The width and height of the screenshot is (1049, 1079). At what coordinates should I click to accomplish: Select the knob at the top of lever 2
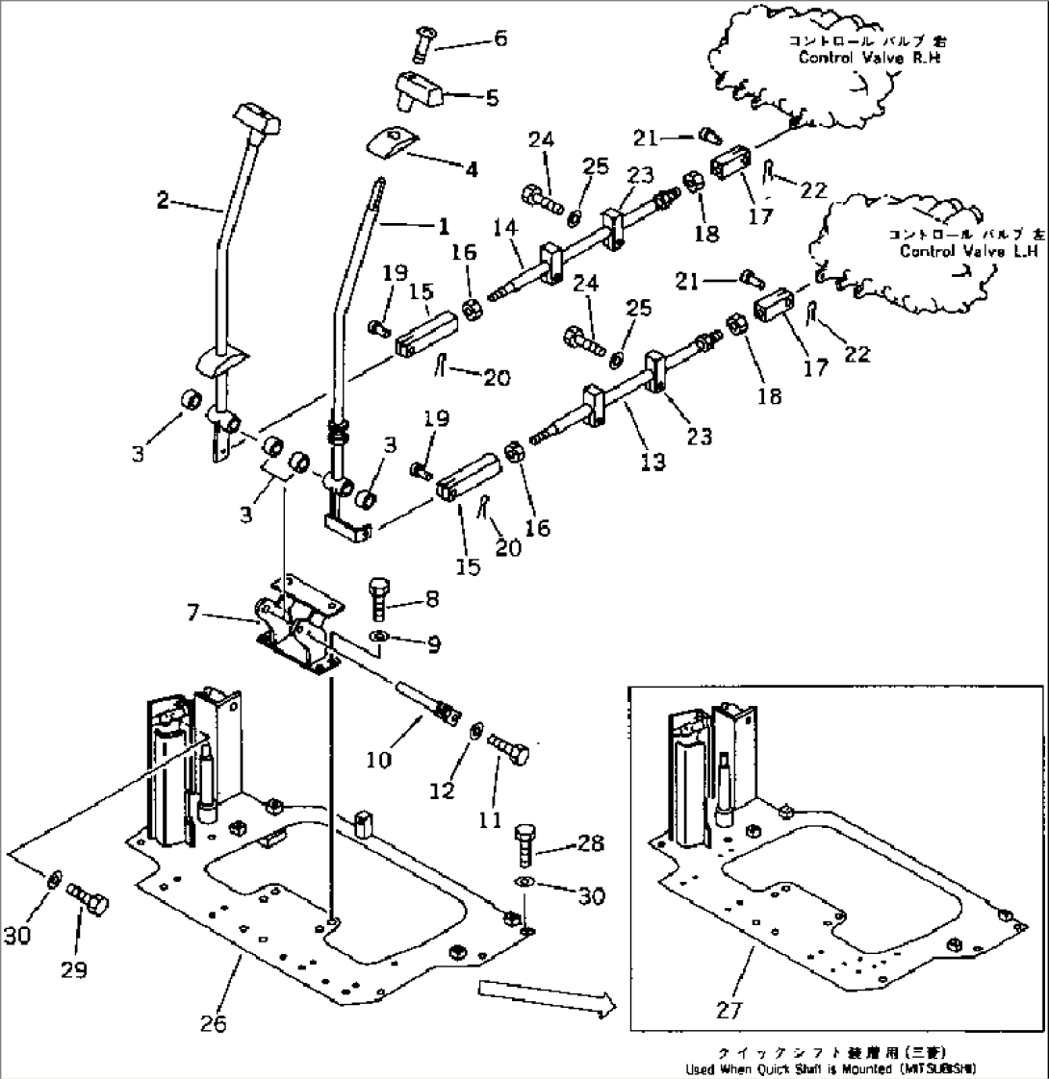tap(254, 121)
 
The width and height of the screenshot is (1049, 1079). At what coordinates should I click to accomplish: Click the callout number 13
tap(652, 464)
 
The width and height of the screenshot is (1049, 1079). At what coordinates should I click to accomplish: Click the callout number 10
tap(379, 760)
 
